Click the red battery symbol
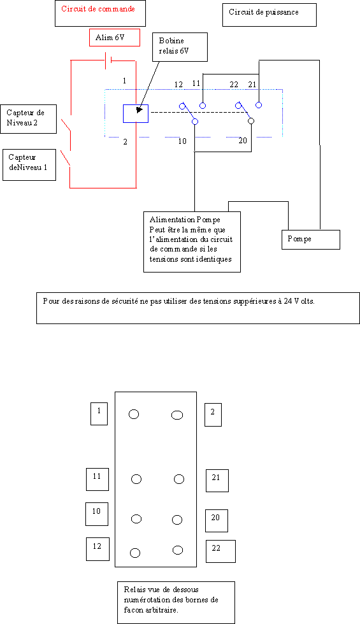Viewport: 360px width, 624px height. (108, 60)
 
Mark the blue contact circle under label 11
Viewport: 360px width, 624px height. (203, 106)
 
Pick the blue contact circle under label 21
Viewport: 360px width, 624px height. (259, 105)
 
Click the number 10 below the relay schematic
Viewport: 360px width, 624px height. (182, 141)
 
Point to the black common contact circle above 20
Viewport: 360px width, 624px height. (251, 121)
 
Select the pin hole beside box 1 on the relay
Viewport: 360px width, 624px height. (134, 415)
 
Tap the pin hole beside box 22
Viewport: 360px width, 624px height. (178, 550)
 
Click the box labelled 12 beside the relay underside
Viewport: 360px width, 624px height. (97, 549)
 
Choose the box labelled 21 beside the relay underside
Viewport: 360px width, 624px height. (217, 480)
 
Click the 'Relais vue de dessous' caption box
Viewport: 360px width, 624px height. (176, 602)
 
